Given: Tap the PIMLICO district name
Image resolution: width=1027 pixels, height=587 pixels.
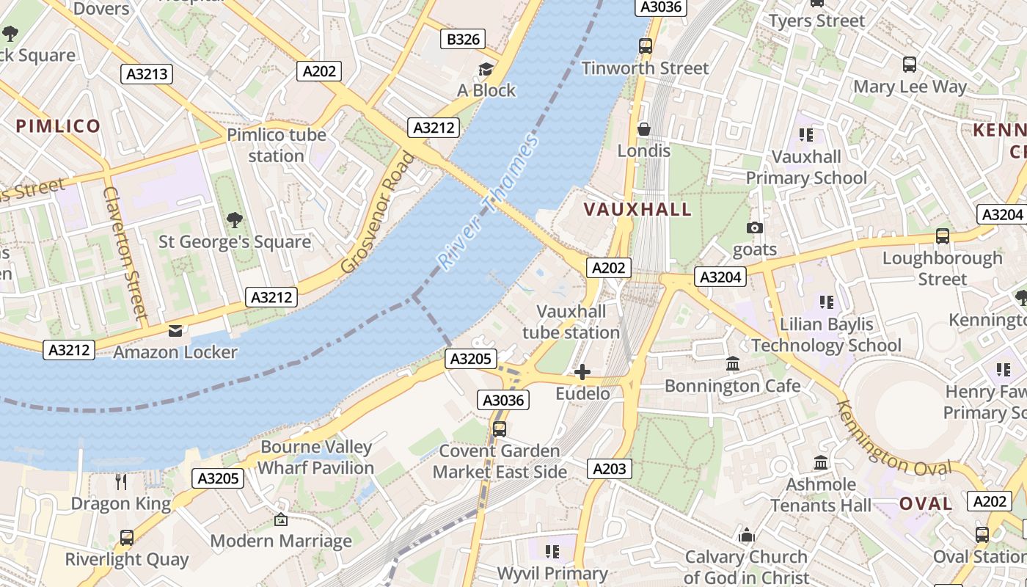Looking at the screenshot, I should [x=58, y=125].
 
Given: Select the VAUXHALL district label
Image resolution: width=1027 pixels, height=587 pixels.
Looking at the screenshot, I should [x=637, y=209].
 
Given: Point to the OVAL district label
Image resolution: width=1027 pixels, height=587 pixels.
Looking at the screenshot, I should [x=926, y=503].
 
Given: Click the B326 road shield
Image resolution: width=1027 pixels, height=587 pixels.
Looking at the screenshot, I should [x=464, y=39].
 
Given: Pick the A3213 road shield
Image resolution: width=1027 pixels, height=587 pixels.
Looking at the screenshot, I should [x=147, y=73].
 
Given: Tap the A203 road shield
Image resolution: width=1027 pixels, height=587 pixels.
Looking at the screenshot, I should [x=609, y=469].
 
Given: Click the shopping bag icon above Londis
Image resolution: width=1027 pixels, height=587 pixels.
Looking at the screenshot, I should [x=644, y=130].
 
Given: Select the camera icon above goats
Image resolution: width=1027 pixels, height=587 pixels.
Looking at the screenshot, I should [x=754, y=228].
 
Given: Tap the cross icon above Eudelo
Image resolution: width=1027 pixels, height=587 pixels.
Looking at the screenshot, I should [x=582, y=372].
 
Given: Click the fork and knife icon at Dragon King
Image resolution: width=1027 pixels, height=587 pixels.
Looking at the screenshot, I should [x=121, y=481].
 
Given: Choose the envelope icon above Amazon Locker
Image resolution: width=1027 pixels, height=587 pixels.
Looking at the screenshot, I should [x=175, y=330].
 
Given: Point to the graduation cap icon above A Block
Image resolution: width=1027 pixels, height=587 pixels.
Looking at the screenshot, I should [x=486, y=69].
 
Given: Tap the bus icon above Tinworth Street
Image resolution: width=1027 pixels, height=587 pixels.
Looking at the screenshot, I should [x=646, y=46].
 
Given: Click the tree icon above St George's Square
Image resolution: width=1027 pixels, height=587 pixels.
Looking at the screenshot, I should [x=235, y=219].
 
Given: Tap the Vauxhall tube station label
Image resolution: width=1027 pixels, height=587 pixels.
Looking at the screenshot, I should [x=571, y=322].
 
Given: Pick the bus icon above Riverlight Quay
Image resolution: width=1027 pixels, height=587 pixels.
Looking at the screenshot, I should [x=127, y=538].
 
